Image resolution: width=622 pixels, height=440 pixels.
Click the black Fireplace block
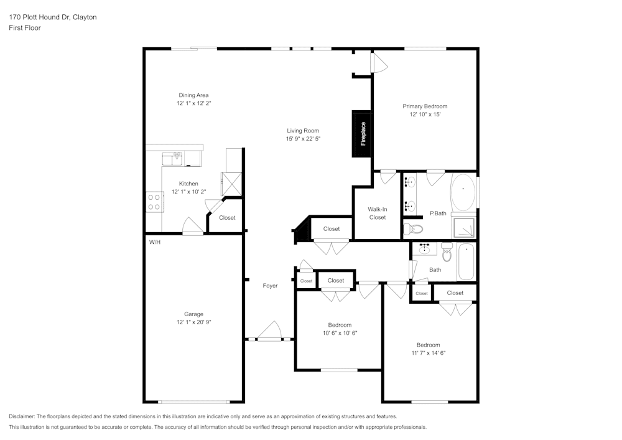pyautogui.click(x=362, y=133)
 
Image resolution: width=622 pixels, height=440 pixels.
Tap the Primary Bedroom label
pyautogui.click(x=425, y=106)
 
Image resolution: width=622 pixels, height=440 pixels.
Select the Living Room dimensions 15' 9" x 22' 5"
pyautogui.click(x=303, y=139)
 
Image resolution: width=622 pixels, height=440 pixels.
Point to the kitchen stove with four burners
pyautogui.click(x=153, y=202)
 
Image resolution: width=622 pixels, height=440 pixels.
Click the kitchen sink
pyautogui.click(x=172, y=158)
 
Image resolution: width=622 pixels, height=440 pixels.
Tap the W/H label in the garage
pyautogui.click(x=155, y=241)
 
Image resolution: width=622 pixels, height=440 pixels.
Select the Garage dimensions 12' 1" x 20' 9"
pyautogui.click(x=193, y=322)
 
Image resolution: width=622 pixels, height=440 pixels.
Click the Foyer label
pyautogui.click(x=270, y=286)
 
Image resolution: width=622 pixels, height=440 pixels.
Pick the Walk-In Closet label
pyautogui.click(x=378, y=213)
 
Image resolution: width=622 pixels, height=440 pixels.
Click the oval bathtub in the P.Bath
pyautogui.click(x=463, y=192)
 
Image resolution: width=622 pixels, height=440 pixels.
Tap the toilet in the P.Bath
pyautogui.click(x=411, y=229)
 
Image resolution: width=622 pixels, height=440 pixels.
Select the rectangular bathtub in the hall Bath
pyautogui.click(x=466, y=262)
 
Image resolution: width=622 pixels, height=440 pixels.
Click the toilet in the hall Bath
pyautogui.click(x=447, y=253)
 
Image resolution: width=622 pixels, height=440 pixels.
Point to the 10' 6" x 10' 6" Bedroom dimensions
pyautogui.click(x=340, y=333)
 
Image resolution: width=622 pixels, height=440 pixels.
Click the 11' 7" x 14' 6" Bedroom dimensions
pyautogui.click(x=428, y=353)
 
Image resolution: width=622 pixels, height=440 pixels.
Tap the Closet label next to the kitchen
pyautogui.click(x=227, y=218)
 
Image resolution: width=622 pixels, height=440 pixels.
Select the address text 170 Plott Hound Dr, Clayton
pyautogui.click(x=53, y=17)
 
